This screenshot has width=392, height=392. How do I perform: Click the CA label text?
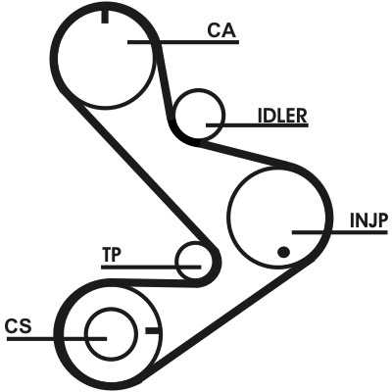coord(221,31)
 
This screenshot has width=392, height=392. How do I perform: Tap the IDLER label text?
coord(282,116)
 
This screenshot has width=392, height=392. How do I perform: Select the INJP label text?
coord(368,220)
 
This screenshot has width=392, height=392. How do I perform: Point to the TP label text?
coord(112,255)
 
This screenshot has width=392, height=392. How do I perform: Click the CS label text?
coord(19,326)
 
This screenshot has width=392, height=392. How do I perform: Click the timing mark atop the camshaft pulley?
coord(105,17)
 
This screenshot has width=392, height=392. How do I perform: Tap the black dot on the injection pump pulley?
coord(283,252)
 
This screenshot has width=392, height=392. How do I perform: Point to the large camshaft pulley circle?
coord(58,59)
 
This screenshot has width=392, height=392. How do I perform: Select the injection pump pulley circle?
coord(227,218)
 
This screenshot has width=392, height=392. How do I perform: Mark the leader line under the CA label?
coord(183,42)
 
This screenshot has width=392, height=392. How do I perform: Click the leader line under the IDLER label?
coord(257,124)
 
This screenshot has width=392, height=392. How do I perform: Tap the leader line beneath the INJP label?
coord(340,232)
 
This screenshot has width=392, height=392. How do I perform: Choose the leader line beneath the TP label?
coord(151,267)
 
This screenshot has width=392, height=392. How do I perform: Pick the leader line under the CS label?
coord(56,339)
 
